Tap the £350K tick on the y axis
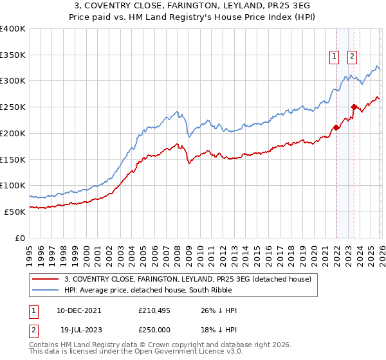tap(13, 55)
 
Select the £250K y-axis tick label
tap(13, 107)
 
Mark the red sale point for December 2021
tap(336, 128)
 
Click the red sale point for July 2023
tap(354, 107)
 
